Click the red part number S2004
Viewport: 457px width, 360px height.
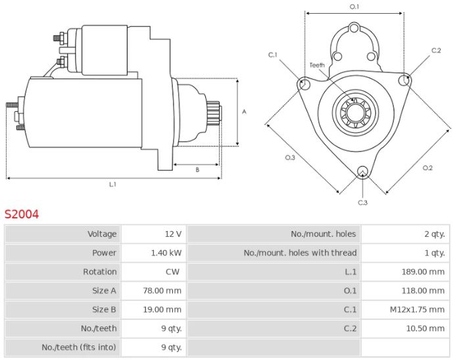coord(22,214)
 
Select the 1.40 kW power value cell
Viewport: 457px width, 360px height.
coord(166,253)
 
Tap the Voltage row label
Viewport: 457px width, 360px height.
coord(102,234)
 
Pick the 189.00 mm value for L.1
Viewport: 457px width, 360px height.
coord(423,272)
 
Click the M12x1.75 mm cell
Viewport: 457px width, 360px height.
coord(417,309)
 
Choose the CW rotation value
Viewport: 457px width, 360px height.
coord(172,272)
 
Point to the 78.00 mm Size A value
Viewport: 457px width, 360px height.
coord(162,291)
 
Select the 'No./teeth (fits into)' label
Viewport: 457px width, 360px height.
coord(79,347)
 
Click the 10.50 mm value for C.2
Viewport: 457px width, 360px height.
coord(425,328)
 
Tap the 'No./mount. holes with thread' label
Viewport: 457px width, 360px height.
coord(301,253)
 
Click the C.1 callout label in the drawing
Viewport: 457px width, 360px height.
coord(272,55)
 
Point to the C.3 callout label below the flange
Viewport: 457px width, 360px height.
coord(362,203)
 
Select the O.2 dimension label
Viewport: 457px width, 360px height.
coord(427,168)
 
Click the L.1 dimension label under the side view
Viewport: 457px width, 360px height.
coord(113,184)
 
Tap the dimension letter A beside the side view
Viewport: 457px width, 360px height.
coord(244,112)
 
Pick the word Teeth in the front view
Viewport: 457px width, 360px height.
coord(317,65)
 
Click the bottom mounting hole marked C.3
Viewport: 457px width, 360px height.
coord(362,172)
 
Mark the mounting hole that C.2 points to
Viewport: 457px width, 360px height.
coord(404,80)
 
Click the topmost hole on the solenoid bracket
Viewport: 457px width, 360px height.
coord(354,28)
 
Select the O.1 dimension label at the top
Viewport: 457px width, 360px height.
coord(354,7)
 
